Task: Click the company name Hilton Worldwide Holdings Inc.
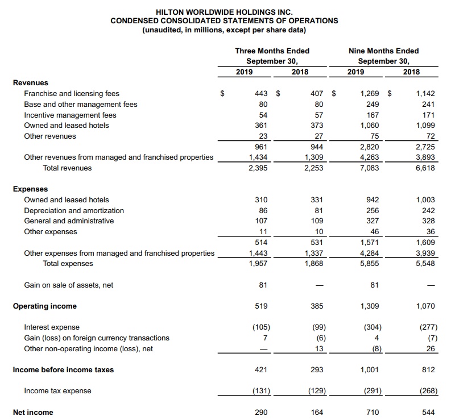tap(224, 11)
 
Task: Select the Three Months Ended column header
tap(272, 51)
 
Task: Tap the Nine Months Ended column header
tap(383, 51)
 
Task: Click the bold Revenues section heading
tap(31, 82)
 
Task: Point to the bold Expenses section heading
tap(31, 189)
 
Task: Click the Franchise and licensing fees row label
tap(72, 93)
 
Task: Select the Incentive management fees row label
tap(70, 115)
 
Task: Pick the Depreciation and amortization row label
tap(74, 210)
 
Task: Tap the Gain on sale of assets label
tap(68, 285)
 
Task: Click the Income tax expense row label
tap(57, 390)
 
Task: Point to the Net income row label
tap(33, 412)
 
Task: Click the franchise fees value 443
tap(260, 93)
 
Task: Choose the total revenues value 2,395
tap(259, 168)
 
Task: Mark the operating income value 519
tap(260, 306)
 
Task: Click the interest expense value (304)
tap(373, 327)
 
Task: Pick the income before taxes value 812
tap(428, 369)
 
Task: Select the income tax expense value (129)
tap(315, 390)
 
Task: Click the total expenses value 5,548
tap(426, 263)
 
